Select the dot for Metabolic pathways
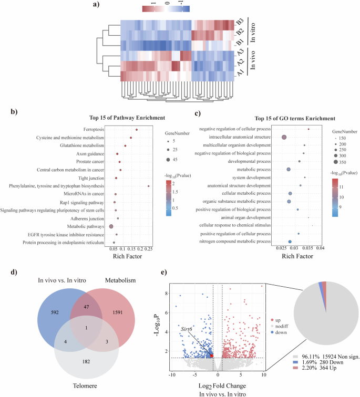(x=111, y=226)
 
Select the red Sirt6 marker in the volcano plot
(x=211, y=356)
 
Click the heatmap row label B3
(x=239, y=23)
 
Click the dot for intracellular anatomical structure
(x=284, y=137)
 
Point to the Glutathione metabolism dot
(x=125, y=145)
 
